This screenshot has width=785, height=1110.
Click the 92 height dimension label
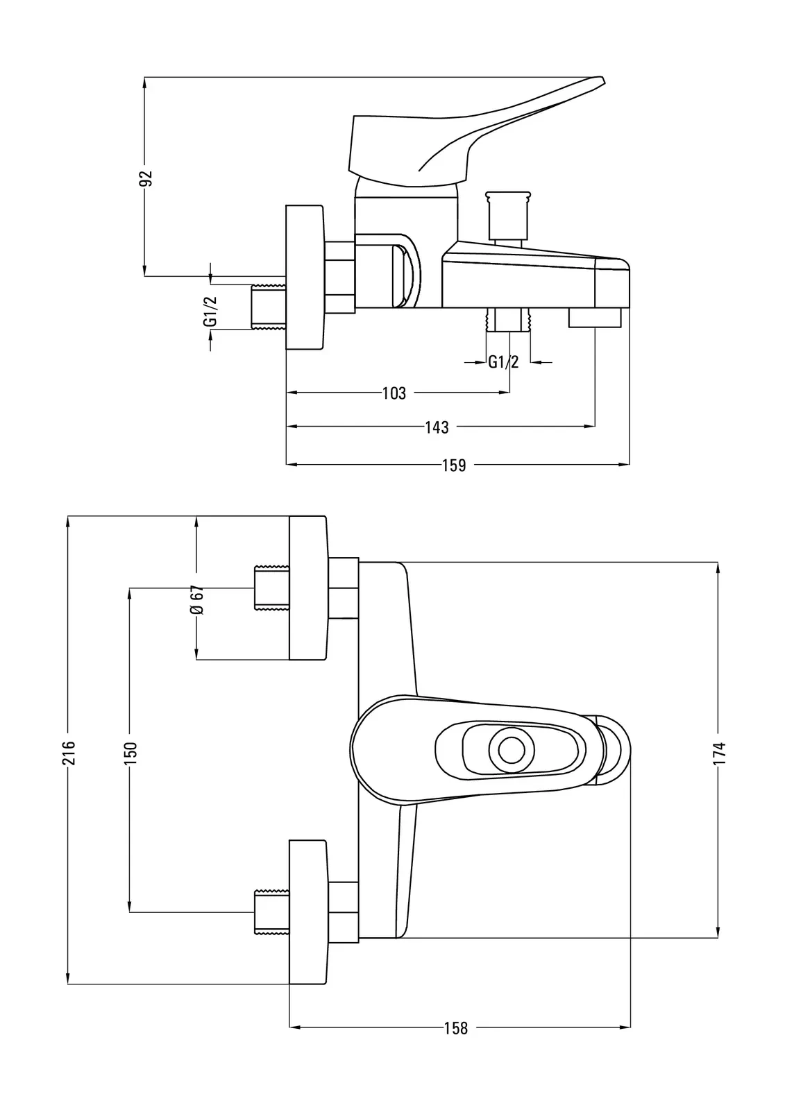point(145,178)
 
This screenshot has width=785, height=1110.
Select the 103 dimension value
point(394,393)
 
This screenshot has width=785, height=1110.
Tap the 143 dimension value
point(437,427)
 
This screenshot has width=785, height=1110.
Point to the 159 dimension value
point(454,465)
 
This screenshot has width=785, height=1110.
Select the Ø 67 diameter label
point(196,599)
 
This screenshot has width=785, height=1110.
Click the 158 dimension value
point(455,1027)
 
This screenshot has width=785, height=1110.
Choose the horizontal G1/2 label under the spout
point(503,361)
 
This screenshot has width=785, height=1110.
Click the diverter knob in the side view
point(509,215)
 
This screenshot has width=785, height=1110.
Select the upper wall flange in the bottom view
point(307,588)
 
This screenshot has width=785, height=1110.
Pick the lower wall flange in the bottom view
point(307,912)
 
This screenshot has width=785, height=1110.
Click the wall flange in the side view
point(305,277)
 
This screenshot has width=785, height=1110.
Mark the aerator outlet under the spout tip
point(595,318)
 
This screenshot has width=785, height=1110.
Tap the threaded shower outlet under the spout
point(509,321)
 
